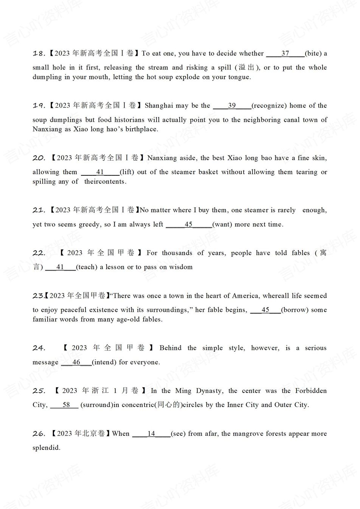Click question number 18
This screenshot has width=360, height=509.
click(x=39, y=54)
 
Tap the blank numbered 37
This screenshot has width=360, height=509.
click(x=285, y=54)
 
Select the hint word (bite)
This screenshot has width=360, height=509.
click(x=313, y=54)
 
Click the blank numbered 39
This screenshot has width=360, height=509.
click(x=232, y=106)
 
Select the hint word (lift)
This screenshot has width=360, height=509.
click(x=127, y=172)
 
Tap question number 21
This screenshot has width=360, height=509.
click(x=39, y=210)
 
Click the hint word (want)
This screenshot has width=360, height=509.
click(x=222, y=224)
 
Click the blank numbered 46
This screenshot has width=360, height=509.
click(x=76, y=362)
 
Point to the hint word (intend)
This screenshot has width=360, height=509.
click(x=104, y=362)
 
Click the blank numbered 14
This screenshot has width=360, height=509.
click(x=151, y=434)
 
